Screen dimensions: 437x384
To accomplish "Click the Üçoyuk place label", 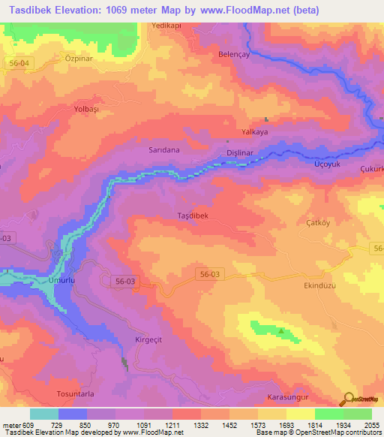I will point(326,164).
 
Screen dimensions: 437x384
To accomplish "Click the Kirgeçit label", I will point(148,339).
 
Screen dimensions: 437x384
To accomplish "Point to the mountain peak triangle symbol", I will point(281,330).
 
